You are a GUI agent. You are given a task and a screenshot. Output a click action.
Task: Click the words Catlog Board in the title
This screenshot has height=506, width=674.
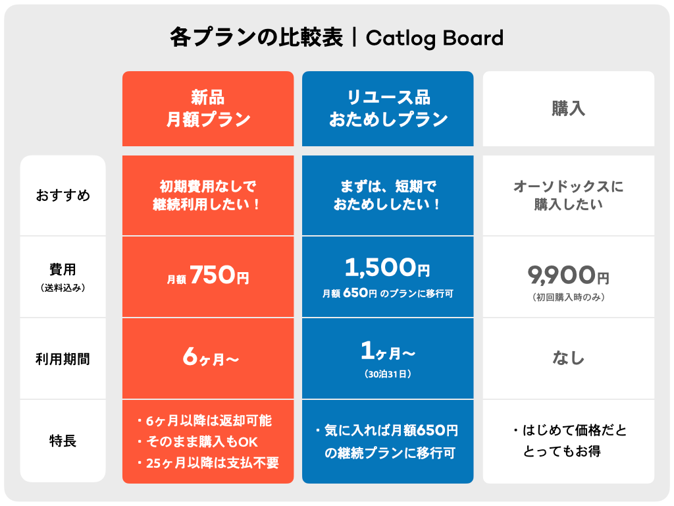[x=434, y=38]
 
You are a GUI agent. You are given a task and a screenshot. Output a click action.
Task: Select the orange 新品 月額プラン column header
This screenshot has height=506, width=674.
[x=208, y=109]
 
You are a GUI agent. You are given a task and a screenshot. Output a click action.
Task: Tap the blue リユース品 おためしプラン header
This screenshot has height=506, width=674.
[x=388, y=109]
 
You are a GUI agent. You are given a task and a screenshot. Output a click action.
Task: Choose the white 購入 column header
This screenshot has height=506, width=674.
[x=569, y=109]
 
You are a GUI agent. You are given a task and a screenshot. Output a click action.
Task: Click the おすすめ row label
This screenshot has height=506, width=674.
[x=63, y=196]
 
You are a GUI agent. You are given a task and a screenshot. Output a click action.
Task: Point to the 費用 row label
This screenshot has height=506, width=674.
[x=63, y=269]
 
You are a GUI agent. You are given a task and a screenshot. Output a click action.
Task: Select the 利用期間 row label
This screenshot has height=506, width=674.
[x=63, y=359]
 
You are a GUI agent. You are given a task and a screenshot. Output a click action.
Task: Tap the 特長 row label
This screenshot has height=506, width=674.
[x=63, y=441]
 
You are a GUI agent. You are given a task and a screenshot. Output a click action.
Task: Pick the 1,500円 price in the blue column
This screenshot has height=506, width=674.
[x=387, y=268]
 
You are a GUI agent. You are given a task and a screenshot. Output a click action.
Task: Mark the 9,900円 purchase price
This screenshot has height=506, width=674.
[x=569, y=274]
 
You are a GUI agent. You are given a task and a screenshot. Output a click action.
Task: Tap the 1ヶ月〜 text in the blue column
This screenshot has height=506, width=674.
[x=388, y=353]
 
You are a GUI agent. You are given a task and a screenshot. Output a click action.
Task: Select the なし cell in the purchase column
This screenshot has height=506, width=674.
[x=569, y=358]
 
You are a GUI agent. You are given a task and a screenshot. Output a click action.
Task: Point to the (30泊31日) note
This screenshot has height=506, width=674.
[x=388, y=374]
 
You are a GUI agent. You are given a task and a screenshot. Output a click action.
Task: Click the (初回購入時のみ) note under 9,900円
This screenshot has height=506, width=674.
[x=569, y=297]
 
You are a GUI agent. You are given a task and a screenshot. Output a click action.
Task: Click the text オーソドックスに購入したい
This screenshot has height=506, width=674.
[x=569, y=196]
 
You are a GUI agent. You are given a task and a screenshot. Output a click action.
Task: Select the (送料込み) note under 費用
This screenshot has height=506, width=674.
[x=63, y=287]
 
